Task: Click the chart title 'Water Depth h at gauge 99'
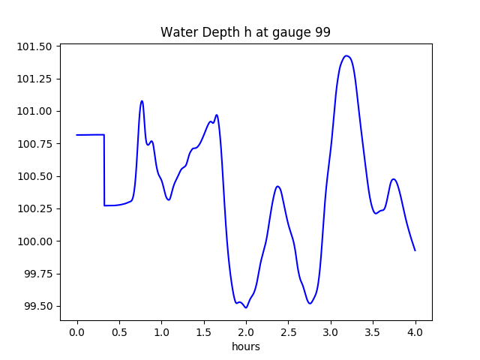coord(245,33)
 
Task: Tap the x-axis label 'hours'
coord(245,346)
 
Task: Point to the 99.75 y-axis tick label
coord(38,274)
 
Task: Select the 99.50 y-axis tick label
coord(38,306)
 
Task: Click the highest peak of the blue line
coord(346,55)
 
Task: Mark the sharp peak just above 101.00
coord(142,100)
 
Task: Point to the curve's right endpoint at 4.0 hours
coord(415,250)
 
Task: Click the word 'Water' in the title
coord(177,33)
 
